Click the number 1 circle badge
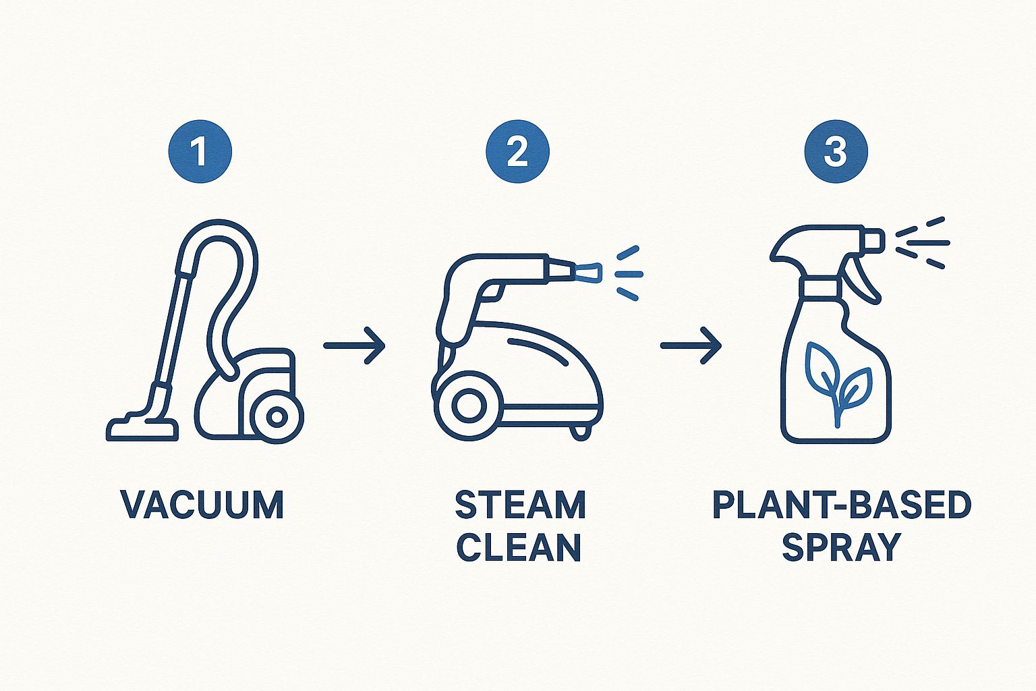coord(200,151)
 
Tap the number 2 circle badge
coord(517,151)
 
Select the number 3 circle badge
coord(836,151)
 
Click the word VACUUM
coord(202,505)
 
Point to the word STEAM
coord(520,505)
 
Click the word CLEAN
coord(519,547)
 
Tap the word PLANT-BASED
coord(842,505)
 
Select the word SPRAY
coord(841,547)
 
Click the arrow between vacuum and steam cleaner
coord(354,345)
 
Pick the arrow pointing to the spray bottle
coord(691,345)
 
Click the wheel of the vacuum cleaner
coord(277,417)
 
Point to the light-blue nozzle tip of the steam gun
coord(588,273)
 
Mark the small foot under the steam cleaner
coord(581,433)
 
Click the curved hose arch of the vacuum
coord(217,231)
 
